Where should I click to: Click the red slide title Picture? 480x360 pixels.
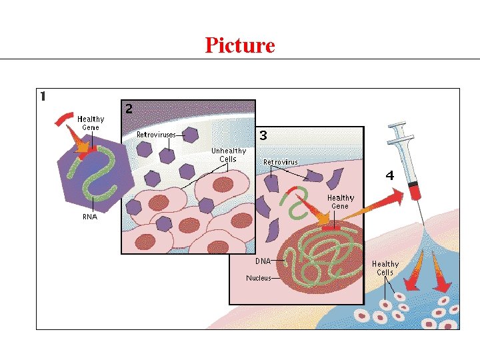tap(240, 45)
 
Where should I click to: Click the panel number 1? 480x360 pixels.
tap(43, 96)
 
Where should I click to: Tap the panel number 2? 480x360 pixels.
tap(129, 108)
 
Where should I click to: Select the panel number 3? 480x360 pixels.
tap(263, 135)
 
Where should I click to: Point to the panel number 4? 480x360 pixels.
tap(389, 176)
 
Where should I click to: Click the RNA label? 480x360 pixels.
tap(89, 216)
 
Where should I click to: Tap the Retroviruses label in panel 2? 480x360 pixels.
tap(156, 135)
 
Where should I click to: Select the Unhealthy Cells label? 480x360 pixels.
tap(229, 155)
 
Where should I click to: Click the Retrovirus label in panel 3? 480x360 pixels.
tap(281, 162)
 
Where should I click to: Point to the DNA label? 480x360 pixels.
tap(263, 261)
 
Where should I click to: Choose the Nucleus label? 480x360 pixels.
tap(259, 278)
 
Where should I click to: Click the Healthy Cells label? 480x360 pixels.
tap(385, 268)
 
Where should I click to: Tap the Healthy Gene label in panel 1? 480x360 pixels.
tap(91, 123)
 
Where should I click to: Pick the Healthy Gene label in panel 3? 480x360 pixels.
tap(340, 202)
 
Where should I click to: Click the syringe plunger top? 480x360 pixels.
tap(399, 125)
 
